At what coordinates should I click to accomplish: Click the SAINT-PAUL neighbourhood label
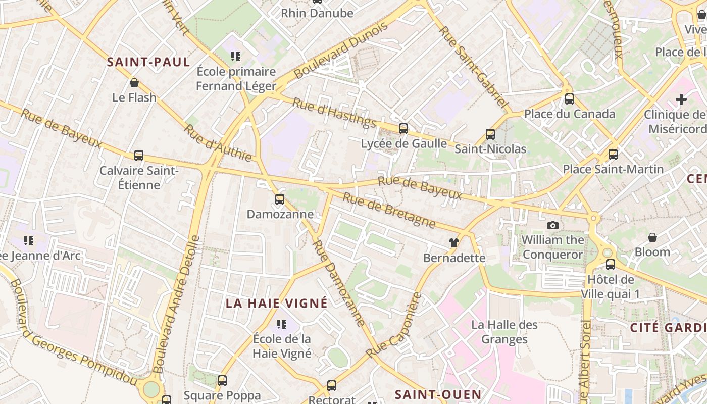coord(148,62)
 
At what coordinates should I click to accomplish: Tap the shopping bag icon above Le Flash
coord(134,83)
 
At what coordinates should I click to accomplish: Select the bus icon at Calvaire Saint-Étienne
coord(139,156)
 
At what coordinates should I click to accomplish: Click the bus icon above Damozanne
coord(280,199)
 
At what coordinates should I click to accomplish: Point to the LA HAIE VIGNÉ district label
coord(276,303)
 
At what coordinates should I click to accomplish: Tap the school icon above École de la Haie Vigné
coord(282,323)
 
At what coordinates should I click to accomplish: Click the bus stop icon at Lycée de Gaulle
coord(403,129)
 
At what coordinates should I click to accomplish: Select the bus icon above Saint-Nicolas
coord(490,134)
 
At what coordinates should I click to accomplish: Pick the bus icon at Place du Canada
coord(570,99)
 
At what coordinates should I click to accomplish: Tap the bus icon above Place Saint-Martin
coord(613,155)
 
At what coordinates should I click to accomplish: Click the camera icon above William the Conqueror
coord(553,225)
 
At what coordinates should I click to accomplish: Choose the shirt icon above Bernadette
coord(454,243)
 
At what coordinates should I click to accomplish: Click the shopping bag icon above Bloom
coord(652,237)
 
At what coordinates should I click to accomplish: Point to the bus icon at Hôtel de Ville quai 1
coord(611,264)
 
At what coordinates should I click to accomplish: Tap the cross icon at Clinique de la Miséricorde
coord(681,99)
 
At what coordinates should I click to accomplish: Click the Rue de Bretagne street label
coord(389,209)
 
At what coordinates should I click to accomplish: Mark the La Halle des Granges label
coord(504,331)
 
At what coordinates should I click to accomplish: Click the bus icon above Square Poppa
coord(222,381)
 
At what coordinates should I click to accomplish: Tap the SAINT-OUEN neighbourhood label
coord(438,394)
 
